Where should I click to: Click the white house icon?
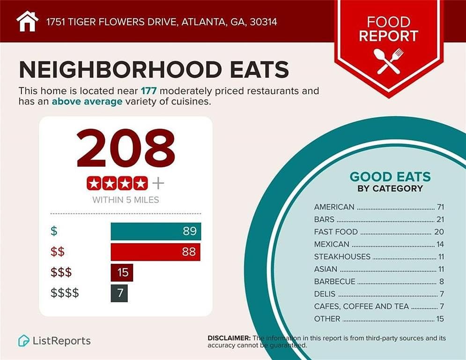pos(27,21)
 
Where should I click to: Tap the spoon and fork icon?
pos(388,61)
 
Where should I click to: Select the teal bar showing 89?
pos(155,232)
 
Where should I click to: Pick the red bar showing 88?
pos(155,252)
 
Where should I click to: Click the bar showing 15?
pos(122,272)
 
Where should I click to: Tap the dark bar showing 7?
pos(119,293)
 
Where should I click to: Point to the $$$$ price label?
pos(65,293)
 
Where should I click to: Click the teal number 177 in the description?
pos(148,90)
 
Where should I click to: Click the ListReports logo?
pos(54,341)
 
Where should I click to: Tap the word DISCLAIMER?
pos(229,338)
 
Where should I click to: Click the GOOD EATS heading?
pos(390,177)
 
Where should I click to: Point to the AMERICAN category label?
pos(334,207)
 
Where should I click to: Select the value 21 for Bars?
pos(439,219)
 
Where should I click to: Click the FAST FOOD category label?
pos(336,232)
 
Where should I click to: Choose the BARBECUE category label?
pos(334,281)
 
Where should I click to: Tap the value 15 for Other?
pos(439,319)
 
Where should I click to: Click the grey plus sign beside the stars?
pos(158,183)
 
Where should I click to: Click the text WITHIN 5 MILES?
pos(126,200)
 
